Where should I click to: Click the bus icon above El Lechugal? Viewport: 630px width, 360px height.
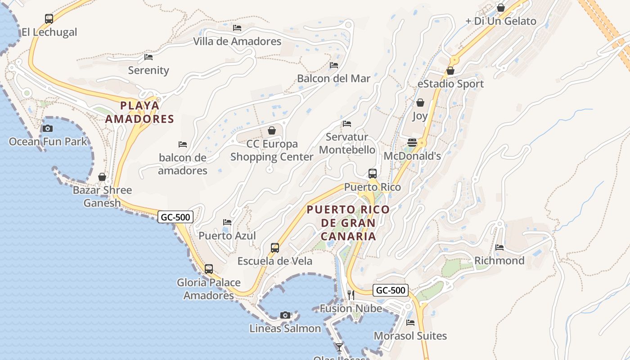coord(49,19)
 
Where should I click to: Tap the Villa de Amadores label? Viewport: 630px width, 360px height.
coord(237,41)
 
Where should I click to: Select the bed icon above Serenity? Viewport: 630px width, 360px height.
coord(148,57)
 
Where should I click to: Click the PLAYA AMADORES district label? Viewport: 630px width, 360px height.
coord(139,112)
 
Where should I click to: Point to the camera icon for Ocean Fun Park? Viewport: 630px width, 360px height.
coord(47,129)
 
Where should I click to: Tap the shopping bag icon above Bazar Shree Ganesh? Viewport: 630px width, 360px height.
coord(102,177)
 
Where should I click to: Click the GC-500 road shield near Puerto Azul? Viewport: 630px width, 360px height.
coord(176,217)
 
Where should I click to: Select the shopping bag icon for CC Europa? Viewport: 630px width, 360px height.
coord(272,131)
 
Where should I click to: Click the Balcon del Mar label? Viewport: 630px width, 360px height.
coord(333,78)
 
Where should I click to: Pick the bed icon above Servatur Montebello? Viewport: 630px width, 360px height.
coord(347,124)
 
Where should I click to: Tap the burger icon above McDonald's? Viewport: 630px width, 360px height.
coord(412,143)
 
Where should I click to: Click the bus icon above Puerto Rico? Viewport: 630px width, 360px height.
coord(373,174)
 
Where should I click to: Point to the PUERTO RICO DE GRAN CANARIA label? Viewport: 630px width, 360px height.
coord(348,223)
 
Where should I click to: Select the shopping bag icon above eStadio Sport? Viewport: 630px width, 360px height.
coord(450,71)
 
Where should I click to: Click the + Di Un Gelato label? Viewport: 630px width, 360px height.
coord(500,21)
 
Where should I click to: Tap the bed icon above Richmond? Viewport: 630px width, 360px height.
coord(499,247)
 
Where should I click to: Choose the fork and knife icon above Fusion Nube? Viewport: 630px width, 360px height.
coord(351,295)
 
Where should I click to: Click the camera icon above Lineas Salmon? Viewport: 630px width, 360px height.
coord(285,315)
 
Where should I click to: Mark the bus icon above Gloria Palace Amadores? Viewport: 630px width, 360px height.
coord(209,269)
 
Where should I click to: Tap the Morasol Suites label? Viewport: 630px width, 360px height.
coord(410,336)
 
